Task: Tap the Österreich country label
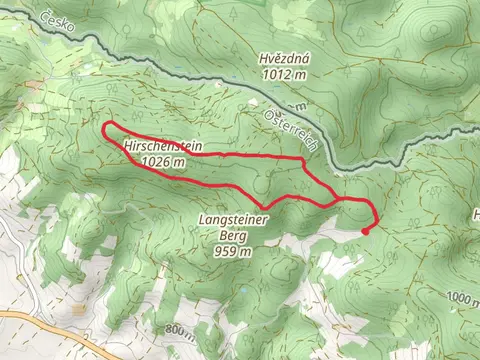point(291,130)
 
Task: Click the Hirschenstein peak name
point(164,146)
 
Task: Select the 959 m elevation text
point(231,253)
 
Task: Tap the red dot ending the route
point(364,230)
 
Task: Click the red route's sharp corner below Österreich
point(303,159)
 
